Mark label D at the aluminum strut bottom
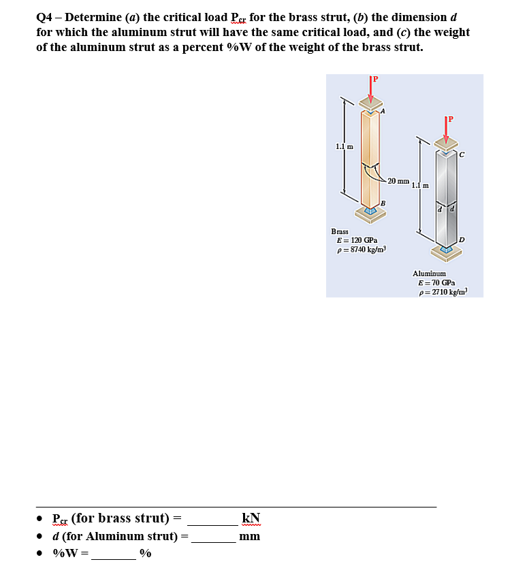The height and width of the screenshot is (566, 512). coord(462,239)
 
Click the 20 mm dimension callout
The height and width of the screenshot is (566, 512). coord(398,182)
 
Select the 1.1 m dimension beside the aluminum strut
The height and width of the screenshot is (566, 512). coord(420,185)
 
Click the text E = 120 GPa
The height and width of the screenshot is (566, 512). coord(357,240)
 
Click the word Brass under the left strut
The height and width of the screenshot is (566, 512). coord(340,231)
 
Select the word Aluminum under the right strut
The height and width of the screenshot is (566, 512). coord(429,273)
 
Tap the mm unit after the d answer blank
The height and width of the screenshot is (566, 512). coord(250,536)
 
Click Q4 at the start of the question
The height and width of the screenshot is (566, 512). coord(44,17)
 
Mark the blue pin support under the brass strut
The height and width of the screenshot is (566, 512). coord(370,211)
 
